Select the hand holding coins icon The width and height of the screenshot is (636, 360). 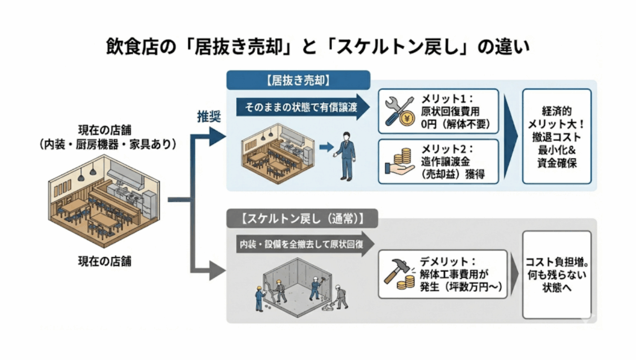tap(401, 161)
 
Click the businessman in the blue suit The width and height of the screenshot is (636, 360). tap(345, 155)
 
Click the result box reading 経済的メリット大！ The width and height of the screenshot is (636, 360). tap(556, 135)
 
